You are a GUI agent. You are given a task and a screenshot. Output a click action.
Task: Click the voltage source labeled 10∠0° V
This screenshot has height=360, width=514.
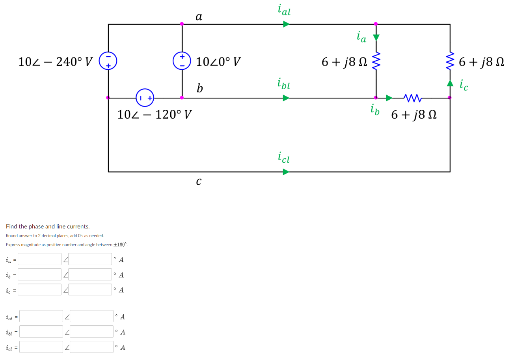coord(182,61)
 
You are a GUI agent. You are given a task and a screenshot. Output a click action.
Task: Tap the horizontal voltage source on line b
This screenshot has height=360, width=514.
coord(145,98)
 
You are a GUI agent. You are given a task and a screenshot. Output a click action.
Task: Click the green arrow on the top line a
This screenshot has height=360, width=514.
coord(286,24)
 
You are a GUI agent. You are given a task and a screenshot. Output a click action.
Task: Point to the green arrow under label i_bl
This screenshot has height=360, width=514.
coord(286,98)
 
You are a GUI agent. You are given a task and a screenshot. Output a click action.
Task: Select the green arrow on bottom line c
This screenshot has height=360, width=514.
coord(286,172)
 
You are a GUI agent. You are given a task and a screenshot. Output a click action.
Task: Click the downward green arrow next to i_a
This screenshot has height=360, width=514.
coord(376,37)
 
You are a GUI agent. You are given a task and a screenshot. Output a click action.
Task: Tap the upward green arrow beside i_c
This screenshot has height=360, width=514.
coord(450,83)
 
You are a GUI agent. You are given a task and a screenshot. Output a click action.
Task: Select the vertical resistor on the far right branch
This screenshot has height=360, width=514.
coord(450,61)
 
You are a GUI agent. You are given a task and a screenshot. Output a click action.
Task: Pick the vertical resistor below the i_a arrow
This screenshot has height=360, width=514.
coord(376,61)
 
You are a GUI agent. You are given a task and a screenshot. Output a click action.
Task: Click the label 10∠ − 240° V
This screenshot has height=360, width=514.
coord(56,62)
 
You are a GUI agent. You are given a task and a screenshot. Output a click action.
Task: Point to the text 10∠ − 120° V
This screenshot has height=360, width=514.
coord(155,115)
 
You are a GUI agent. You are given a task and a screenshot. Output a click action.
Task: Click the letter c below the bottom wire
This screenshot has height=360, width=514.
coord(199,182)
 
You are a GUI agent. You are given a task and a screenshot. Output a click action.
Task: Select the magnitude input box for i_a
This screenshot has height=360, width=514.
coord(39,259)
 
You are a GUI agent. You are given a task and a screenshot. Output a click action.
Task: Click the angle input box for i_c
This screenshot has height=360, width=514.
coord(91,290)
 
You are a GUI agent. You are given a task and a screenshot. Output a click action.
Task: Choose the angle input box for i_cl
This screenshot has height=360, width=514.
coord(91,347)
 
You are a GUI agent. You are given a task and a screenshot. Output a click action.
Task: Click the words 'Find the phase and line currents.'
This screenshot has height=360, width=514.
coord(48,226)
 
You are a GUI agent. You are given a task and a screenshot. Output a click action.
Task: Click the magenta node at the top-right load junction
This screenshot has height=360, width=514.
coord(376,24)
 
